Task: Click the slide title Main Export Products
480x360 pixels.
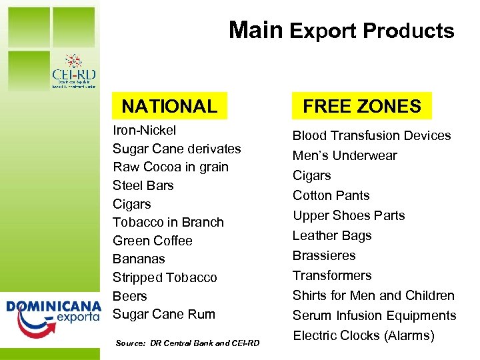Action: point(341,31)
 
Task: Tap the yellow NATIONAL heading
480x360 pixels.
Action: point(169,106)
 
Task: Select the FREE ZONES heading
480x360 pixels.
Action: point(362,106)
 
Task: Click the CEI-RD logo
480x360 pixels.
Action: point(73,71)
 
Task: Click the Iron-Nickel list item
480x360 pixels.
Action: point(145,130)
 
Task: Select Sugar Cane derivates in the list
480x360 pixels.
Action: point(177,149)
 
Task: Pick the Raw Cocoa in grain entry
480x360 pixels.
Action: point(171,167)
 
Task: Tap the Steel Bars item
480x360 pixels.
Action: point(143,185)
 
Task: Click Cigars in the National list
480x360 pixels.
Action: point(132,204)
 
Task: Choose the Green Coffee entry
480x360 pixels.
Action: point(153,241)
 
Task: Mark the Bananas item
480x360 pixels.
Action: point(139,259)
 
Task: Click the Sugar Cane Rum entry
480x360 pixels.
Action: point(164,314)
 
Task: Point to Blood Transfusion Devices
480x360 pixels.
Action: point(372,135)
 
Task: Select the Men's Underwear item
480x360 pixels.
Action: point(345,155)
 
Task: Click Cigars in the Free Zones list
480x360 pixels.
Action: point(312,175)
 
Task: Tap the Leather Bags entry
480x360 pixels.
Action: point(332,235)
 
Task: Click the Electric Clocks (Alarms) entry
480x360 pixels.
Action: point(363,335)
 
